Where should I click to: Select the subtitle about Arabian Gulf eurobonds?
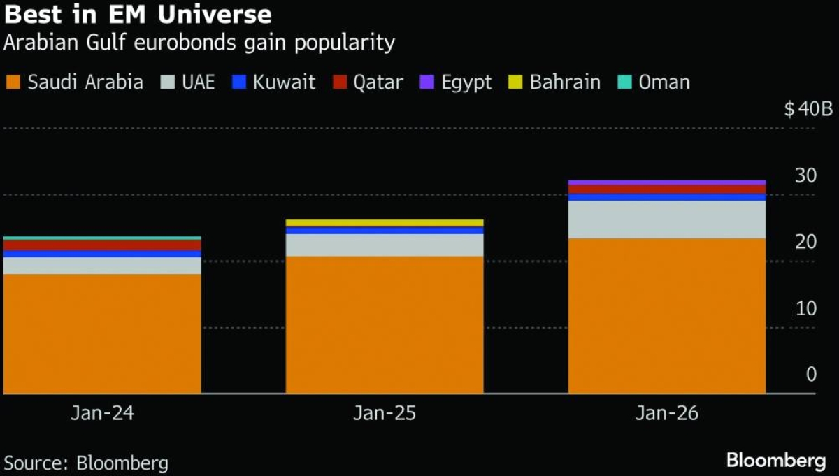pyautogui.click(x=199, y=43)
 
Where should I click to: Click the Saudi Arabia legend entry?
pyautogui.click(x=74, y=82)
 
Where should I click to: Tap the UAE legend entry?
pyautogui.click(x=187, y=82)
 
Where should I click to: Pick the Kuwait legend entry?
pyautogui.click(x=274, y=82)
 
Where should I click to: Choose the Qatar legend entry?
pyautogui.click(x=368, y=82)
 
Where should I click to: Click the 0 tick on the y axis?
pyautogui.click(x=811, y=375)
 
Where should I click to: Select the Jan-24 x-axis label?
pyautogui.click(x=102, y=414)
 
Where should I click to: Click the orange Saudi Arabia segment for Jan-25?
pyautogui.click(x=385, y=325)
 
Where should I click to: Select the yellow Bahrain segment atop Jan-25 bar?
pyautogui.click(x=385, y=223)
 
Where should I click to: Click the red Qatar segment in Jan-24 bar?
pyautogui.click(x=102, y=245)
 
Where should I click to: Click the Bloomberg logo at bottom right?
pyautogui.click(x=776, y=461)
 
